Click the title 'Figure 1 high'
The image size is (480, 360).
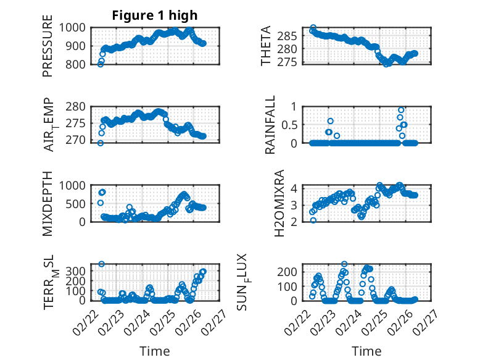155,15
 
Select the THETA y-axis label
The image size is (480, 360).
265,46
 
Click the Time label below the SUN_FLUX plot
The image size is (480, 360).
366,351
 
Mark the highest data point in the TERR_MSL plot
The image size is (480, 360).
101,264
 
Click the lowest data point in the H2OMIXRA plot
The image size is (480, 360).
313,220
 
